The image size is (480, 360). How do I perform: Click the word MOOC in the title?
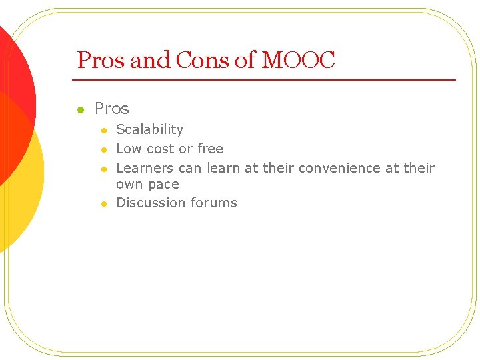click(298, 61)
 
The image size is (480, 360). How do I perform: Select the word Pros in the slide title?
click(101, 61)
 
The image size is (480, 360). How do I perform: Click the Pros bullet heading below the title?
click(112, 108)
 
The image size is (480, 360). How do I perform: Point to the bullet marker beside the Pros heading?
click(79, 109)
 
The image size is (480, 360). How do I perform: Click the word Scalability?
click(149, 129)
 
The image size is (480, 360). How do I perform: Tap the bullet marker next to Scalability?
click(103, 130)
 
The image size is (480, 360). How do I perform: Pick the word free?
click(210, 149)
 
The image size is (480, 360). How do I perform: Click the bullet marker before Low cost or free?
click(103, 149)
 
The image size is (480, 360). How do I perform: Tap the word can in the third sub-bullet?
click(190, 168)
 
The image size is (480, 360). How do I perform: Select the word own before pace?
click(129, 185)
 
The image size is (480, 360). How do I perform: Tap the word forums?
click(214, 203)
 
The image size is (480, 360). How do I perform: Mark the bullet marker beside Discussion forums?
click(103, 203)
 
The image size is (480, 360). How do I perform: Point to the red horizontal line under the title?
click(267, 80)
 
